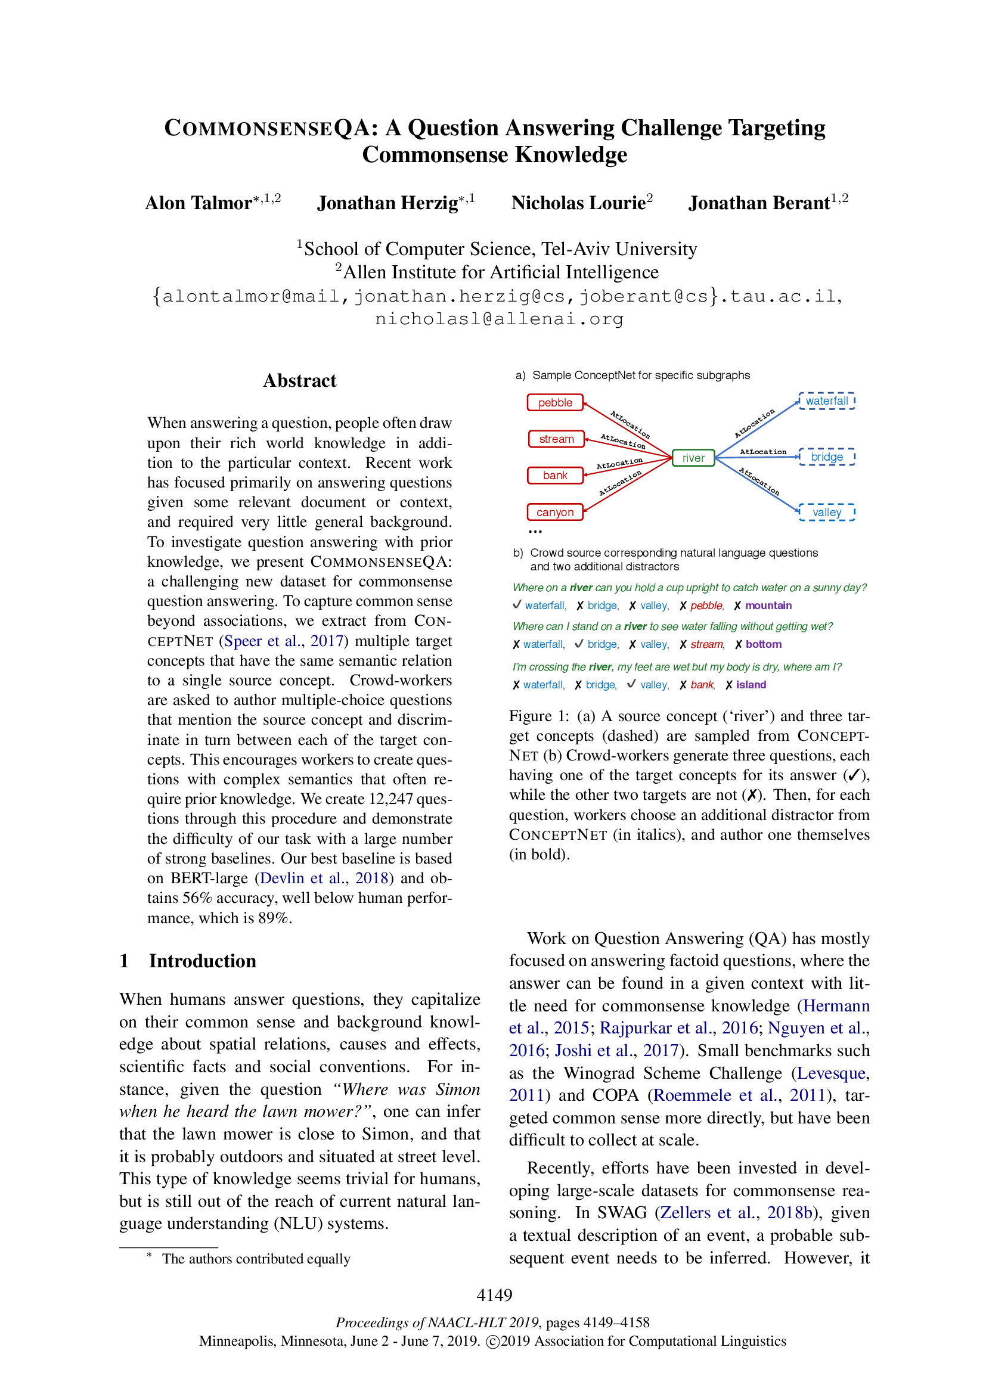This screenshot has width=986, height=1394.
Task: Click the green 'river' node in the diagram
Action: (693, 458)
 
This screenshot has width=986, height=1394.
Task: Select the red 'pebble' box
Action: (555, 402)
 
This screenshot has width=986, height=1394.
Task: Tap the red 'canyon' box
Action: (555, 512)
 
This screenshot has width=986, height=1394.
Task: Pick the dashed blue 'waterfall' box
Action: (826, 400)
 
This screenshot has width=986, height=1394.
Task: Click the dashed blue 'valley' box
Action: (826, 512)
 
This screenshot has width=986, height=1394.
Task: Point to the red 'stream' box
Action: (556, 439)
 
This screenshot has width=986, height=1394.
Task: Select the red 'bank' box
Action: (555, 476)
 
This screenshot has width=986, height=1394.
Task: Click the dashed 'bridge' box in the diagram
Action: (826, 457)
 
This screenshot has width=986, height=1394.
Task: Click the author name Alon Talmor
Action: (198, 203)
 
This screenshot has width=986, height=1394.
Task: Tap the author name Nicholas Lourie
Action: (578, 203)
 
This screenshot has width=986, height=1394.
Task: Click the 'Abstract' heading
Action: (299, 381)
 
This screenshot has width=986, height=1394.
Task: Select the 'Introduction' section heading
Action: (202, 961)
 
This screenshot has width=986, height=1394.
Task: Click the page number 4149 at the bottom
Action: (494, 1295)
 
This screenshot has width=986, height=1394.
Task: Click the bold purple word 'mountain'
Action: (768, 606)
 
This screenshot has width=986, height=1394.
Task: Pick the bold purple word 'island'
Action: (751, 684)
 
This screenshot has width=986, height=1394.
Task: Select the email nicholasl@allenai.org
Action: (499, 319)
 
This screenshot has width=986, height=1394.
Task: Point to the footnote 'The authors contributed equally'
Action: (256, 1259)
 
